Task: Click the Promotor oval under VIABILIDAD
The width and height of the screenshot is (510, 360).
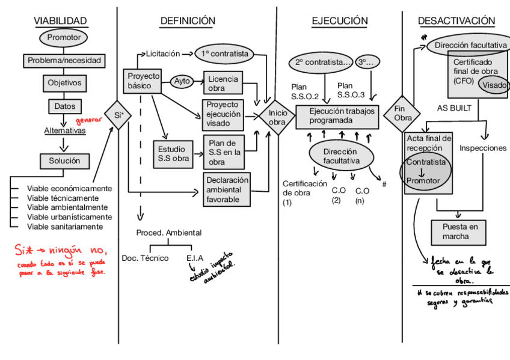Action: click(64, 38)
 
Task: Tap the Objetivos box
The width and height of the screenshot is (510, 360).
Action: click(64, 83)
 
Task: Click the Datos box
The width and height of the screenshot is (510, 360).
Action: click(64, 106)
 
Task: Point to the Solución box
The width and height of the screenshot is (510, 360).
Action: click(64, 161)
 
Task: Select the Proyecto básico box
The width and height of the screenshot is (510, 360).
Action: click(144, 81)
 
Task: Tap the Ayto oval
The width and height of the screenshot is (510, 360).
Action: click(182, 81)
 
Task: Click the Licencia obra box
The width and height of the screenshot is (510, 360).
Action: click(223, 84)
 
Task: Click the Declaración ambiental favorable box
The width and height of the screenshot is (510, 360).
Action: click(227, 189)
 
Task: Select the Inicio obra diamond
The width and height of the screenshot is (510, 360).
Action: click(277, 118)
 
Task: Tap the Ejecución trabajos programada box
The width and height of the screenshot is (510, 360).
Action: click(337, 116)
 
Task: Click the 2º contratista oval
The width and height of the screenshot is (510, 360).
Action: click(322, 63)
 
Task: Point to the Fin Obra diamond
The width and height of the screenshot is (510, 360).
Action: click(402, 113)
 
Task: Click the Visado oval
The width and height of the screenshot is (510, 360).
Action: click(494, 85)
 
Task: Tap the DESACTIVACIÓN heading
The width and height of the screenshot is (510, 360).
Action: click(456, 21)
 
